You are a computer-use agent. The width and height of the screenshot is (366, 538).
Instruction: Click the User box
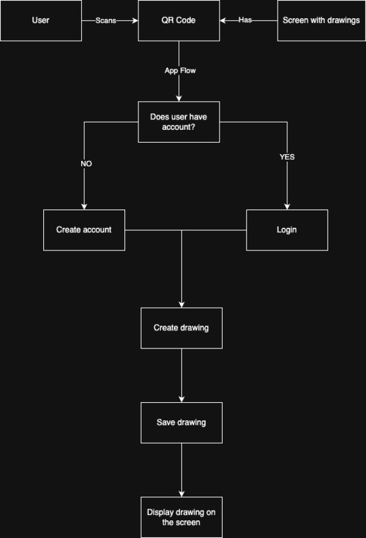point(41,20)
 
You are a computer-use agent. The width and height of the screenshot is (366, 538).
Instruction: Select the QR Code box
point(179,20)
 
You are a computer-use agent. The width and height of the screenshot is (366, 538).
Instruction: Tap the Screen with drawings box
point(321,20)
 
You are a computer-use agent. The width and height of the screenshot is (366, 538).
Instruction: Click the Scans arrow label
point(106,21)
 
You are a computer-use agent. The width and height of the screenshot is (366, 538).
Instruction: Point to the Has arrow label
point(245,20)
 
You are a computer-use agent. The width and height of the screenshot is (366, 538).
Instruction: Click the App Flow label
point(180,71)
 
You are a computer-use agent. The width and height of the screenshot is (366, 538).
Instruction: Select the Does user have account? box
point(179,122)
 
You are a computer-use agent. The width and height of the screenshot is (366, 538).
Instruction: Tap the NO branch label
point(86,164)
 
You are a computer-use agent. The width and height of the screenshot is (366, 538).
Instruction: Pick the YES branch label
point(287,157)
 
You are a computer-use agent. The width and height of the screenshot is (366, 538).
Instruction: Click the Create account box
point(84,230)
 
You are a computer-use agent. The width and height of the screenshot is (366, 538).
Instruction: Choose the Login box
point(287,230)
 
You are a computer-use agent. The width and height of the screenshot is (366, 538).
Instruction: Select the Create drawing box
point(181,328)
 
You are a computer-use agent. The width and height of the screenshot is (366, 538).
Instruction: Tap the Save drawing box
point(181,422)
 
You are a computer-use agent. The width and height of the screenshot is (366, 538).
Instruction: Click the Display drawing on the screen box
point(181,517)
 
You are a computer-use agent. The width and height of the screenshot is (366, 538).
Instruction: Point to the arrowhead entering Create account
point(84,207)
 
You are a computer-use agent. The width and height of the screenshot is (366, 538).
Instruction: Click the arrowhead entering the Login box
point(287,207)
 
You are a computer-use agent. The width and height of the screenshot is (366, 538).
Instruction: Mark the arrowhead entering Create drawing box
point(182,305)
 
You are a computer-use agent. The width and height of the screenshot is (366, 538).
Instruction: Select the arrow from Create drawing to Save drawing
point(182,375)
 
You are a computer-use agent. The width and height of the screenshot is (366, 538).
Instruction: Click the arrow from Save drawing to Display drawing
point(182,469)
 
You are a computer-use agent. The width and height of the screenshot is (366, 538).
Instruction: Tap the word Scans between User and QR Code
point(106,21)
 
